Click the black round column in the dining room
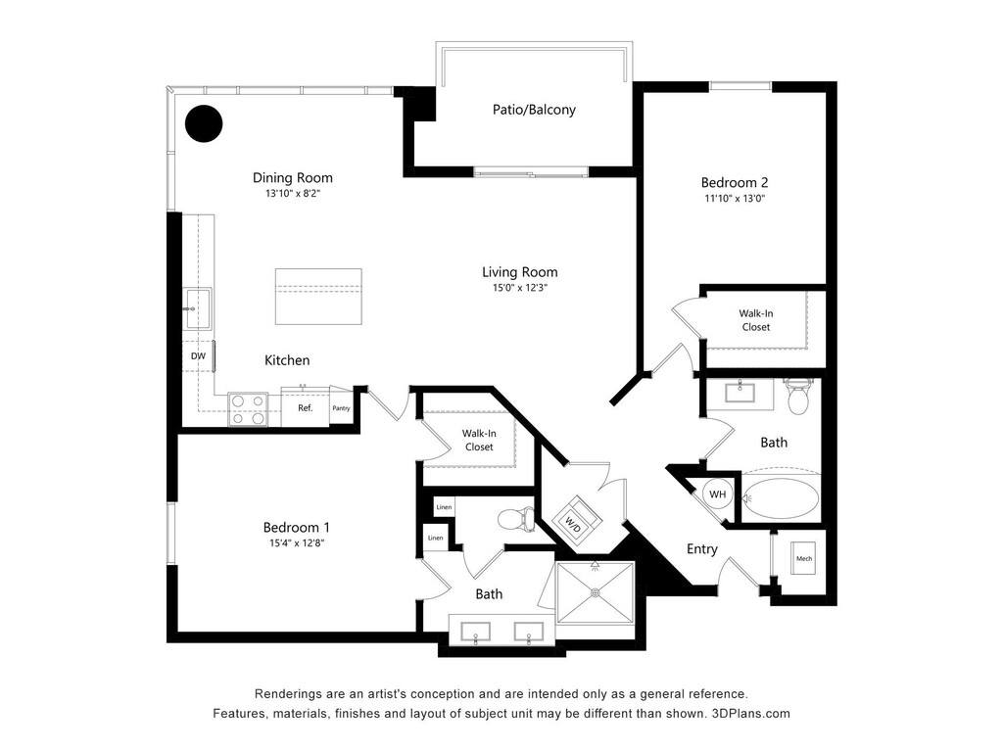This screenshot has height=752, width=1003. coord(205,123)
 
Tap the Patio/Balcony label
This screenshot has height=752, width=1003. coord(534,110)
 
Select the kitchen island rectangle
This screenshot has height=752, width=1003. coord(318,296)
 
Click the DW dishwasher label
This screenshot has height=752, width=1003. coord(198,356)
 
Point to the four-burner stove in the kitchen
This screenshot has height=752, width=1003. coord(248,408)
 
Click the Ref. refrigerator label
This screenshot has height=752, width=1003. coord(305,407)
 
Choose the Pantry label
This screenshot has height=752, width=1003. coord(341,408)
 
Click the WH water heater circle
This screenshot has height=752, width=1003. coord(718,494)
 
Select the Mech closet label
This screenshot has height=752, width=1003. coord(804,559)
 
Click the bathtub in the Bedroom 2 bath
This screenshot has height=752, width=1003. coord(780,497)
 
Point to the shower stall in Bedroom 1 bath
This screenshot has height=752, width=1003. coord(595,591)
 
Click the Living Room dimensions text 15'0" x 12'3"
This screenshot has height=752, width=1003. coord(519,288)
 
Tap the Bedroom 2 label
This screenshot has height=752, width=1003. coord(735,182)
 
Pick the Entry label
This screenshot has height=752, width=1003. coord(701,549)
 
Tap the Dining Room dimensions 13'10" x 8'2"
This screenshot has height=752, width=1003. coord(292,194)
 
